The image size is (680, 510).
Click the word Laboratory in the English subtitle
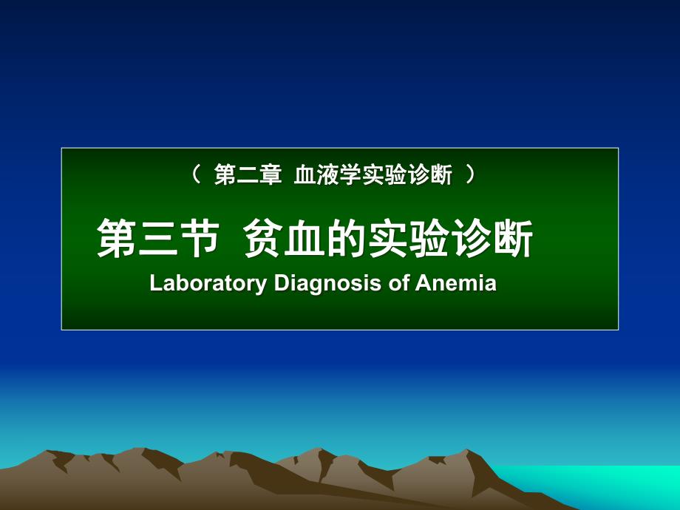208,284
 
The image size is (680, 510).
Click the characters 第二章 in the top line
247,176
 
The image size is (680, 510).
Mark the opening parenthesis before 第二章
197,176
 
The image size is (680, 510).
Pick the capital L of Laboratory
155,284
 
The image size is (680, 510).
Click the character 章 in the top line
269,176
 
